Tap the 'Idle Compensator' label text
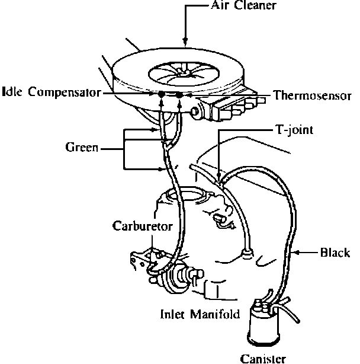tap(52, 93)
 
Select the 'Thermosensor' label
tap(313, 94)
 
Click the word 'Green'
tap(81, 147)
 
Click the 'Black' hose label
tap(335, 253)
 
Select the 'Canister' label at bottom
tap(263, 357)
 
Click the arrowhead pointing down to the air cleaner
tap(186, 42)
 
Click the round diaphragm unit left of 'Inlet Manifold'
tap(177, 279)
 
